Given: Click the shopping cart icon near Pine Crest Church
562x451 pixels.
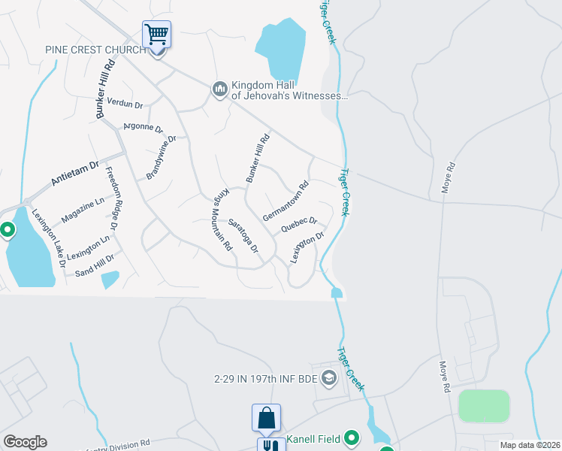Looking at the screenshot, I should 156,34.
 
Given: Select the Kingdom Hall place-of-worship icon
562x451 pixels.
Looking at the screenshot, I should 220,89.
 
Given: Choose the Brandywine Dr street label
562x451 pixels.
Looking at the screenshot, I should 161,158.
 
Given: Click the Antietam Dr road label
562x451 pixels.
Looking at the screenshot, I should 74,172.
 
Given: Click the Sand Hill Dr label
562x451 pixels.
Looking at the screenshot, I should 89,259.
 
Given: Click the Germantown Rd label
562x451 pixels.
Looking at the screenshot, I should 286,200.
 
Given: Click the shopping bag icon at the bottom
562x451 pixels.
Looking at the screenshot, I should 267,417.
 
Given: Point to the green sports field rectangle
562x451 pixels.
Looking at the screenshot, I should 484,406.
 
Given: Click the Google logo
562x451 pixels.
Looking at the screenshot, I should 25,442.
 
